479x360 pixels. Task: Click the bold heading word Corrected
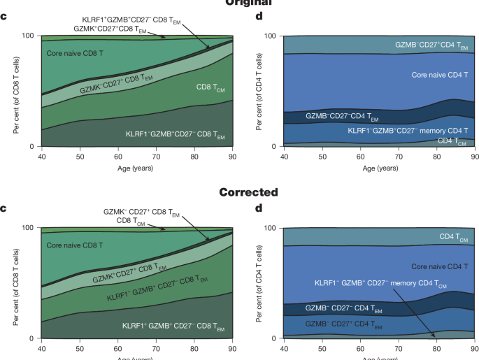pyautogui.click(x=239, y=192)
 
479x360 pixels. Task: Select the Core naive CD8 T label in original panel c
pyautogui.click(x=75, y=52)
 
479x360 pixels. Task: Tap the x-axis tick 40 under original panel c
pyautogui.click(x=41, y=156)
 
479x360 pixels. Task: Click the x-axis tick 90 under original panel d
pyautogui.click(x=473, y=156)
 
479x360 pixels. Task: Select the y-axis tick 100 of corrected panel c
pyautogui.click(x=29, y=227)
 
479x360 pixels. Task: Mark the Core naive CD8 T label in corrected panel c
pyautogui.click(x=75, y=245)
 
